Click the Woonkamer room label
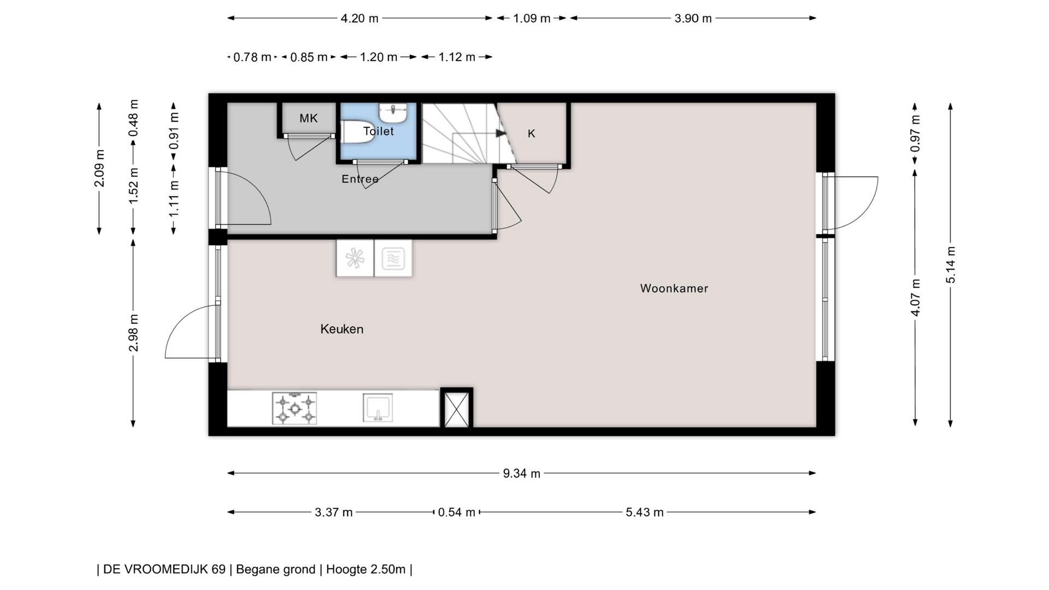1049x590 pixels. point(674,288)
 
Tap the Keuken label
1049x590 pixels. point(341,329)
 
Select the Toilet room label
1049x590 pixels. point(378,131)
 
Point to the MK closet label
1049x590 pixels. point(308,118)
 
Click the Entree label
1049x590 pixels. point(360,179)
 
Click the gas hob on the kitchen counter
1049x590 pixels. point(294,408)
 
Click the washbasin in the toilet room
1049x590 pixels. point(393,113)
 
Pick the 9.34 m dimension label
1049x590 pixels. point(521,474)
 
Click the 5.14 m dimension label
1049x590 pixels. point(951,265)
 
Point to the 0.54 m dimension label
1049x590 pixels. point(456,512)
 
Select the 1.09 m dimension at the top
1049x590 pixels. point(531,19)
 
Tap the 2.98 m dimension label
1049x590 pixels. point(133,333)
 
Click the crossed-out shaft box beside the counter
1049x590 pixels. point(457,408)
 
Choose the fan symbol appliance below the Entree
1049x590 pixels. point(355,258)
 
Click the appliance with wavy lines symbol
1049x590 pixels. point(393,258)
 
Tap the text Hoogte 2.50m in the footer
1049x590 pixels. point(366,569)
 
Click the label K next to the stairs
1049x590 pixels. point(531,134)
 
